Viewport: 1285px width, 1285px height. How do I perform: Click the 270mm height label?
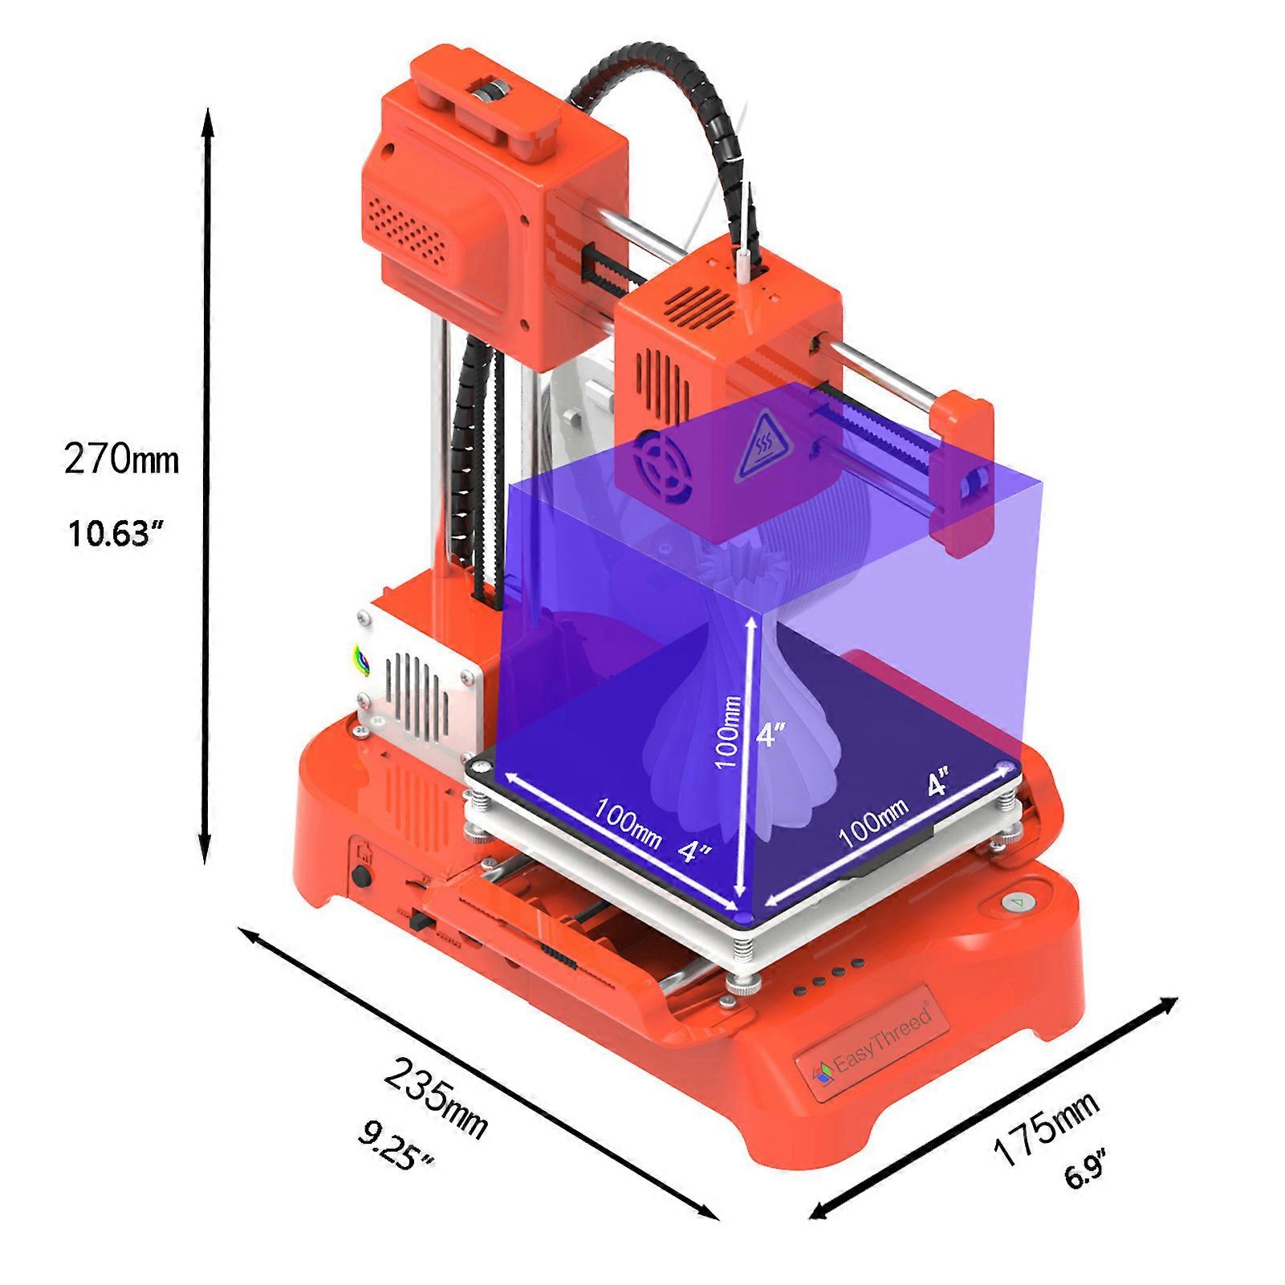pos(121,459)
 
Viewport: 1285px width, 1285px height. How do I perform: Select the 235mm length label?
pos(435,1097)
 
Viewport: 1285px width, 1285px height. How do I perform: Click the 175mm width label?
pos(1045,1128)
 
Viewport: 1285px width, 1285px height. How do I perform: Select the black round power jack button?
pos(361,874)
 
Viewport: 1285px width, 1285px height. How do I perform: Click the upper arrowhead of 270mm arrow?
pos(207,120)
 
